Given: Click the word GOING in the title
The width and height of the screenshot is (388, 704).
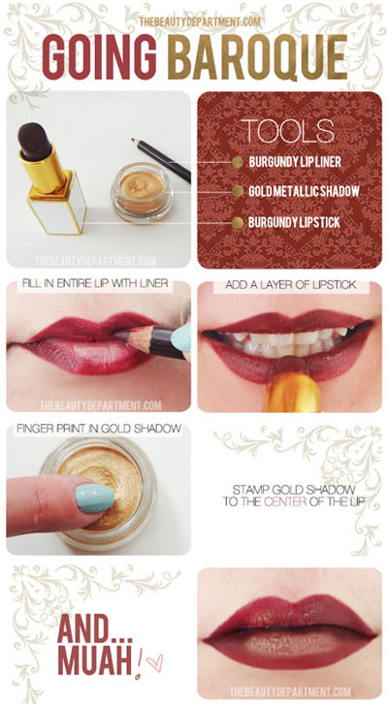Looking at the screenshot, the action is pos(100,57).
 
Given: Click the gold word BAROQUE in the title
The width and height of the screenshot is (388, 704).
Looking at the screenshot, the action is pos(257,57).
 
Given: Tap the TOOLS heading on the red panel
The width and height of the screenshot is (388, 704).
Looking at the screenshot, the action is pos(287,131).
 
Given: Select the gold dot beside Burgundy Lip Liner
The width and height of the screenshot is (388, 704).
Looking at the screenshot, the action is pos(238,162).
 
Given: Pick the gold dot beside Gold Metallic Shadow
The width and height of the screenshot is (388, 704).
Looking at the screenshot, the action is pos(238,192).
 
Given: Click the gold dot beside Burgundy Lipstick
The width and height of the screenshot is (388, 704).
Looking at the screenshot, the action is pos(238,222).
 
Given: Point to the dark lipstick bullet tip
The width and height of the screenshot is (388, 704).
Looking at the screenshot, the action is pos(34,141).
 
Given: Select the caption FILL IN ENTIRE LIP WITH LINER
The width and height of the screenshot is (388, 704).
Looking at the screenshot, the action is pos(94,284).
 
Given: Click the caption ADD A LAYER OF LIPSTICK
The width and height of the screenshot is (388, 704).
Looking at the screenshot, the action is pos(291,285).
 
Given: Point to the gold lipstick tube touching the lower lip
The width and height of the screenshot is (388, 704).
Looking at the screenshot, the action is pos(291,390).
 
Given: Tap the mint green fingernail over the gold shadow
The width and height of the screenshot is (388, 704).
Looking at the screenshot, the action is pos(95,497).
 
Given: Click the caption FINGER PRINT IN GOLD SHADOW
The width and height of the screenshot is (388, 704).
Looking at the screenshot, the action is pos(99,429).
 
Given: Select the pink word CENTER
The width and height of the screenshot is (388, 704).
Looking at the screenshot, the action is pos(285,501).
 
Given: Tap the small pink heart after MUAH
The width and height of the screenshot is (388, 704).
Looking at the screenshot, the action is pos(155,662).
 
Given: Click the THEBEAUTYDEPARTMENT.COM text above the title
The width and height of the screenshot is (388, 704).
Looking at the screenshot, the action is pos(200,21).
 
